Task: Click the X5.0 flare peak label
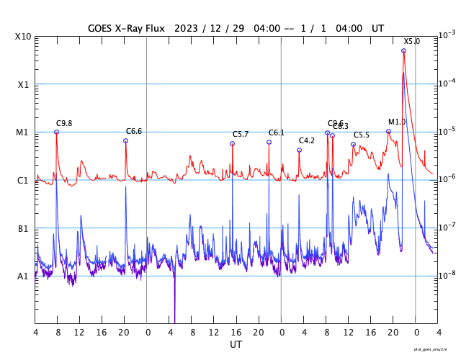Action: click(x=411, y=42)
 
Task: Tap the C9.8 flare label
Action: click(x=64, y=123)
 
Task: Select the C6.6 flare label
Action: click(x=134, y=131)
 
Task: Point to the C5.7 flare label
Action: click(x=241, y=135)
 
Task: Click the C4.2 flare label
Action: click(x=307, y=140)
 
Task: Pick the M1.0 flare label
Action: click(x=397, y=122)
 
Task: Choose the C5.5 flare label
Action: click(x=361, y=135)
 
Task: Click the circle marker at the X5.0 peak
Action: click(x=403, y=51)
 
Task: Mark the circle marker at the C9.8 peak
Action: click(x=56, y=132)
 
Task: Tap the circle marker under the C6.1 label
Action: click(x=269, y=142)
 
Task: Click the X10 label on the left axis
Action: click(x=23, y=37)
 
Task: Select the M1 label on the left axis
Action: click(x=23, y=132)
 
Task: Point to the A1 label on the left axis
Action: click(x=23, y=276)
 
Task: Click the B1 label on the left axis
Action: click(x=23, y=229)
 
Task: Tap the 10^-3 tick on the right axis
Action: click(x=447, y=35)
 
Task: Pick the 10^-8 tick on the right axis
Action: click(x=447, y=275)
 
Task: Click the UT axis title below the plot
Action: click(x=236, y=345)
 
